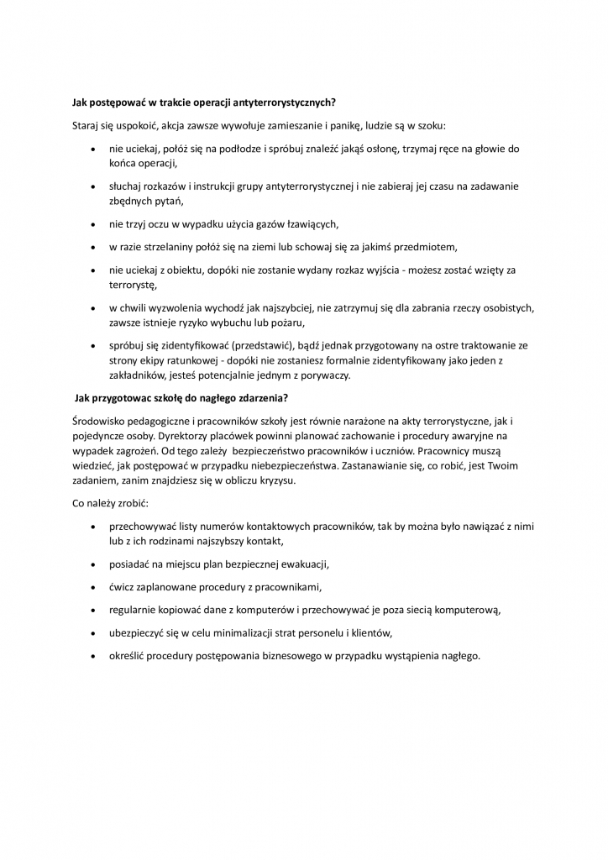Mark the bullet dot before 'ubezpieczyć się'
[x=92, y=632]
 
